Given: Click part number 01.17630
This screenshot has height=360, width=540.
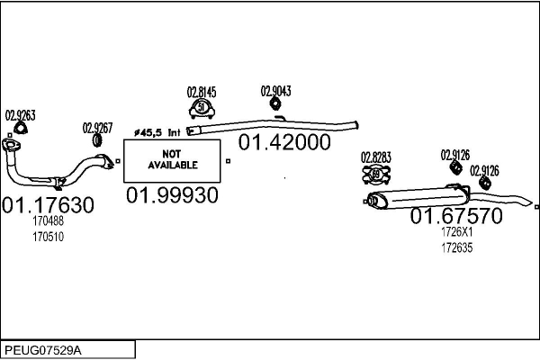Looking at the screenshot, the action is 48,204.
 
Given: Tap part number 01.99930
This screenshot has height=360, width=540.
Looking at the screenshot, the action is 172,195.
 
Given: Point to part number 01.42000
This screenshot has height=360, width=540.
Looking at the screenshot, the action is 284,142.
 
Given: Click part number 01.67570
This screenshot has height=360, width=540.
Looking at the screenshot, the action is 456,216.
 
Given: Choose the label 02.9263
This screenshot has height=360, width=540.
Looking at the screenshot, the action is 21,115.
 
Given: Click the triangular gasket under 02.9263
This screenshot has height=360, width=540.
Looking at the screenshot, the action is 21,128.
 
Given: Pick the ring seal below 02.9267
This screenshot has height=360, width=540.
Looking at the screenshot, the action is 97,140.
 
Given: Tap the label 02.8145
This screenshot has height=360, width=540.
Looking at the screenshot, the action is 202,93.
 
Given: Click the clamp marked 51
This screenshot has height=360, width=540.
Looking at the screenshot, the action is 202,109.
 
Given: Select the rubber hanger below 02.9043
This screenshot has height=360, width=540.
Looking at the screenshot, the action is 275,103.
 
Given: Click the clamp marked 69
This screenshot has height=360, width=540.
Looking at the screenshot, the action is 376,175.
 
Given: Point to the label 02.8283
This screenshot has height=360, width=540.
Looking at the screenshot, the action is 376,157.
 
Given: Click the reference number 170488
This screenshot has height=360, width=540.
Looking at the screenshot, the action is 49,220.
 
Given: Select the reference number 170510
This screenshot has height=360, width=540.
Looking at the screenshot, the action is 49,237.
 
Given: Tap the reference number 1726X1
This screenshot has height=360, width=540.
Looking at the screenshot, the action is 457,232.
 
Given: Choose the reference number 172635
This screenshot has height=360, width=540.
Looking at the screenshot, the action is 457,247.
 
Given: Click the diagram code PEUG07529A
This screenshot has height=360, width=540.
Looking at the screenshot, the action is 43,351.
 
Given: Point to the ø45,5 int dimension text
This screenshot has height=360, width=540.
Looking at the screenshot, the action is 157,132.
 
